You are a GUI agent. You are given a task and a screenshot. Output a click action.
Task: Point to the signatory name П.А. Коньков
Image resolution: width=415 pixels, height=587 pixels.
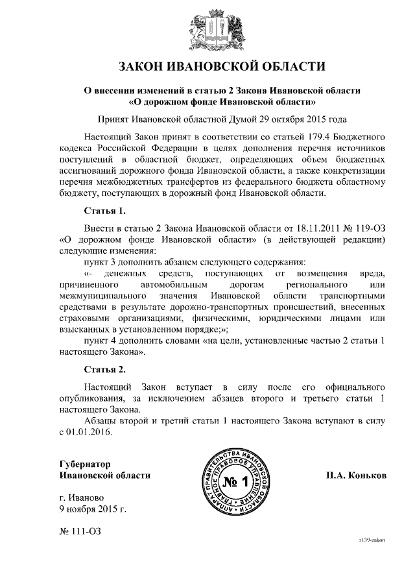coord(356,475)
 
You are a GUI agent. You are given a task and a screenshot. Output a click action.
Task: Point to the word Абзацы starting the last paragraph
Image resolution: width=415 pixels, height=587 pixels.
coord(102,421)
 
